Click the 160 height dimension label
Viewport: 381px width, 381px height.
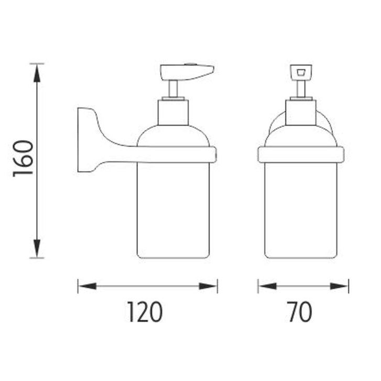[23, 158]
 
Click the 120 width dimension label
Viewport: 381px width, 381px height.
[145, 312]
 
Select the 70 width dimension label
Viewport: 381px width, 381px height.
[300, 312]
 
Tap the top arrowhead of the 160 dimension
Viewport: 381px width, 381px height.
[37, 73]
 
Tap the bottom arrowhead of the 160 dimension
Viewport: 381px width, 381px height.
[37, 248]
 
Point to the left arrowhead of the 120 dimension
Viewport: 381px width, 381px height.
[87, 286]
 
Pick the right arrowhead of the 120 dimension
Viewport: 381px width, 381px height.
[208, 286]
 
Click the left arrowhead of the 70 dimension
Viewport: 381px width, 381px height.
[267, 286]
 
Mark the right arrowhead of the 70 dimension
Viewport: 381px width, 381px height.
[339, 286]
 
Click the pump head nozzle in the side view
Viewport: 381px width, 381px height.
[187, 72]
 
